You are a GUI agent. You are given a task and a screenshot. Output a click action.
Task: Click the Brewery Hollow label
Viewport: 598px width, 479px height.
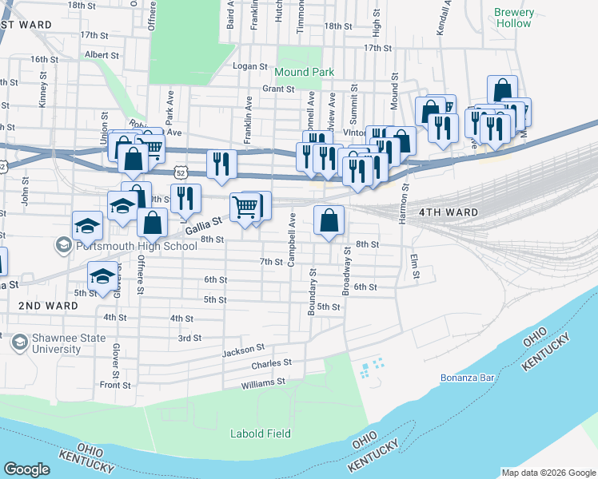coord(512,18)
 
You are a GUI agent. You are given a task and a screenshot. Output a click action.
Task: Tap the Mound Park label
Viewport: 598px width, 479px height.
coord(305,72)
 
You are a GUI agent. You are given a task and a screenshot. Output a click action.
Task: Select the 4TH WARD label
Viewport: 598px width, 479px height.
coord(448,212)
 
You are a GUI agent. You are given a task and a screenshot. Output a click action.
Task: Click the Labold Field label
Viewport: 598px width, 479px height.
coord(260,433)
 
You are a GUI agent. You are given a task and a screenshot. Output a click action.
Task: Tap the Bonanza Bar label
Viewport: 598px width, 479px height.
coord(465,378)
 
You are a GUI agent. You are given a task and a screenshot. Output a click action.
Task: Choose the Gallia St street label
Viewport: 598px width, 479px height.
coord(203,230)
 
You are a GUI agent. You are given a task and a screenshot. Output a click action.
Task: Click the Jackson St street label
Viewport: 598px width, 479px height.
coord(243,349)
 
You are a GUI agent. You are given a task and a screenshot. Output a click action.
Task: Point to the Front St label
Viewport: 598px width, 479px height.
coord(115,385)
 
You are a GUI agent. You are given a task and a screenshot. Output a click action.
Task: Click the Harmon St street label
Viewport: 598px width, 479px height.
coord(405,202)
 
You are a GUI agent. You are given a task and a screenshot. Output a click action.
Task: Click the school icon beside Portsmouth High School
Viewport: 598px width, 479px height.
coord(63,245)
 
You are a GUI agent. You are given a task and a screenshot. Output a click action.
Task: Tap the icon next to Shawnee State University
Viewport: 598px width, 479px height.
coord(18,343)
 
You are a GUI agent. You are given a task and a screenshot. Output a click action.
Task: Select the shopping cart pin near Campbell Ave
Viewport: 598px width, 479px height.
coord(245,207)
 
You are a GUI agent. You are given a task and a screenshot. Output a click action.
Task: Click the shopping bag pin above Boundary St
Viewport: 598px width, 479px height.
coord(329,220)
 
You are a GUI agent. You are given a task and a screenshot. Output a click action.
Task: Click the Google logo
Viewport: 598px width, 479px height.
coord(26,469)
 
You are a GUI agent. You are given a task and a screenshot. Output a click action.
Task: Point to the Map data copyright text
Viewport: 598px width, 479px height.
coord(548,472)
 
